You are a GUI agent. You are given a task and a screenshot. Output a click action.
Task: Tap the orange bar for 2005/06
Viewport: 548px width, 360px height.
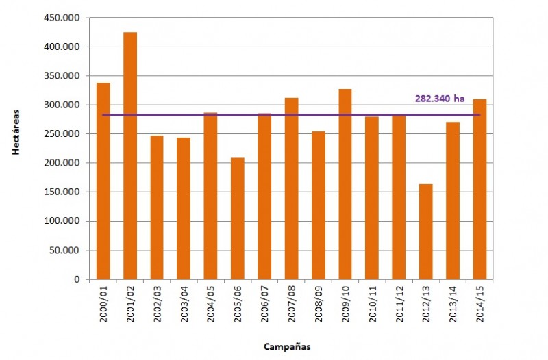(238, 218)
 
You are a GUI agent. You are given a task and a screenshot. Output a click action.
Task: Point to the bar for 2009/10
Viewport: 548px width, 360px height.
(345, 184)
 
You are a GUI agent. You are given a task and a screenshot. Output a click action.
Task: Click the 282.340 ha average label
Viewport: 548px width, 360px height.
(440, 99)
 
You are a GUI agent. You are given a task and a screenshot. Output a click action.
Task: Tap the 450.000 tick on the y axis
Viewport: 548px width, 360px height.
(68, 18)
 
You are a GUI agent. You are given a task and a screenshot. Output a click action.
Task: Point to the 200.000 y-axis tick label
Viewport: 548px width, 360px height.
(68, 163)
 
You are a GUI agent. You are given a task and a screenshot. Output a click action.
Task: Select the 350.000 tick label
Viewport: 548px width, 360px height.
(68, 76)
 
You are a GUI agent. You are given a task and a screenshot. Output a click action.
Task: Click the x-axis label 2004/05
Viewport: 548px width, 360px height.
(212, 301)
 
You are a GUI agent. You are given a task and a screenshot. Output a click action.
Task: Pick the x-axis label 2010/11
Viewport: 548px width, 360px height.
(373, 301)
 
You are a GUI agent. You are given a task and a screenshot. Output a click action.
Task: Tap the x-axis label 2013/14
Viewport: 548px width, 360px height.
(453, 301)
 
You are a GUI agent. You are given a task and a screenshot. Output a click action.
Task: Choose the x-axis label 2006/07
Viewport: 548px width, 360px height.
(265, 301)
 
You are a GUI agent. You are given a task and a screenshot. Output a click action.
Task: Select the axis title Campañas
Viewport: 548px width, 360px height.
(287, 346)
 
